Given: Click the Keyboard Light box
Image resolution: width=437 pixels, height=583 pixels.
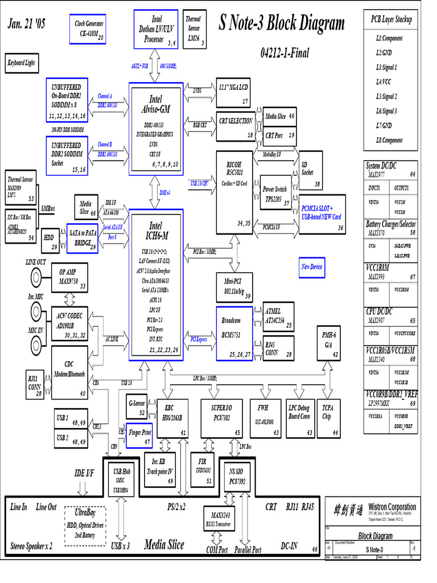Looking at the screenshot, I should point(22,63).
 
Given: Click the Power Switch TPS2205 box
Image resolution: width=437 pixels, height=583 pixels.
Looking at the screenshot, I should point(275,192).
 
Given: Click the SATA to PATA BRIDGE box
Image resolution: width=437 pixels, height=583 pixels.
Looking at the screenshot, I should point(83,238).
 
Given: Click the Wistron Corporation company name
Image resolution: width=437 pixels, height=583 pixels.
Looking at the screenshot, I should point(392,507).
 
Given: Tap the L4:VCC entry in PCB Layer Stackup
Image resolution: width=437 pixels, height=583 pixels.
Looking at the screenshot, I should point(389,81).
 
